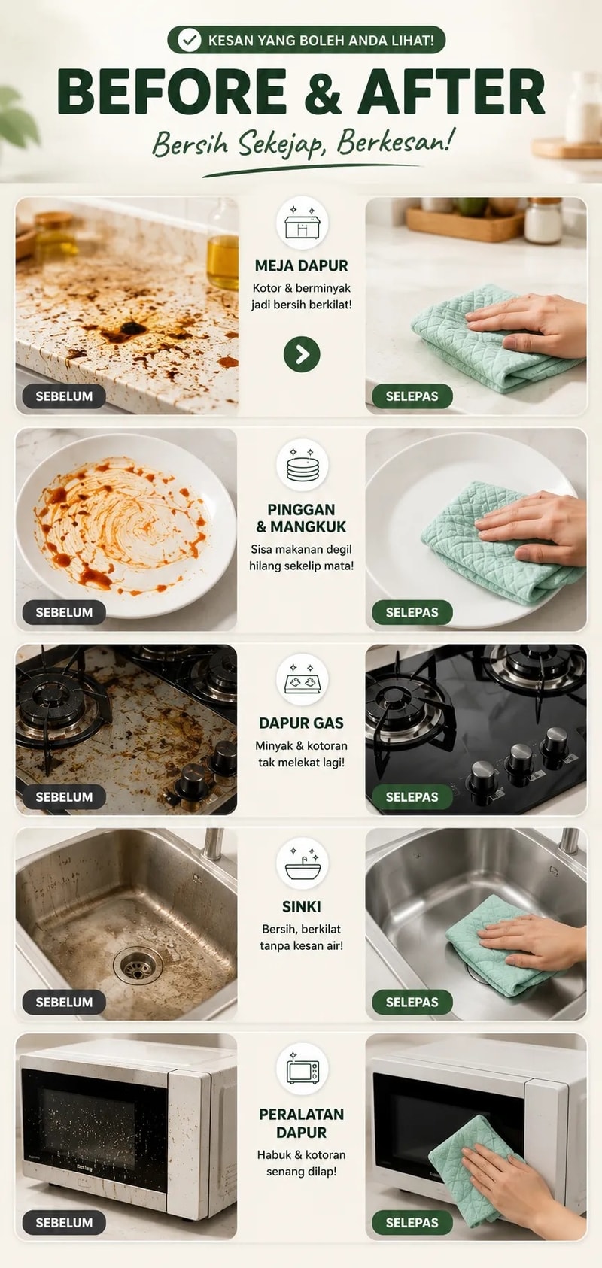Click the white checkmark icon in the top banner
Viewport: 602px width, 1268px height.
(189, 40)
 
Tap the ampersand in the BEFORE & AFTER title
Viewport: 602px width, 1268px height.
(322, 90)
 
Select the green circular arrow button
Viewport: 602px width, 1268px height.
(302, 354)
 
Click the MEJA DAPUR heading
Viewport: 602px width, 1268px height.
(301, 265)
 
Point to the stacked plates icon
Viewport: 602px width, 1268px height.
(302, 466)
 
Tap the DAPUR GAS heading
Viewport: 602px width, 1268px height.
(301, 723)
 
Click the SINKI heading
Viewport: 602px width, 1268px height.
(301, 906)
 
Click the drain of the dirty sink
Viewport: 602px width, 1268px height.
(138, 966)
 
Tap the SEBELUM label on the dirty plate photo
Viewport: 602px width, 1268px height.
(64, 612)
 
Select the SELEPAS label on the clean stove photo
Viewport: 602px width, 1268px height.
(412, 796)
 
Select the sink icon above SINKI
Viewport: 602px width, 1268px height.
(303, 864)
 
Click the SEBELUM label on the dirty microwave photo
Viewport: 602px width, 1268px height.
(64, 1223)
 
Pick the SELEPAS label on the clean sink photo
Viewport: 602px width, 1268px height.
(412, 1002)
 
